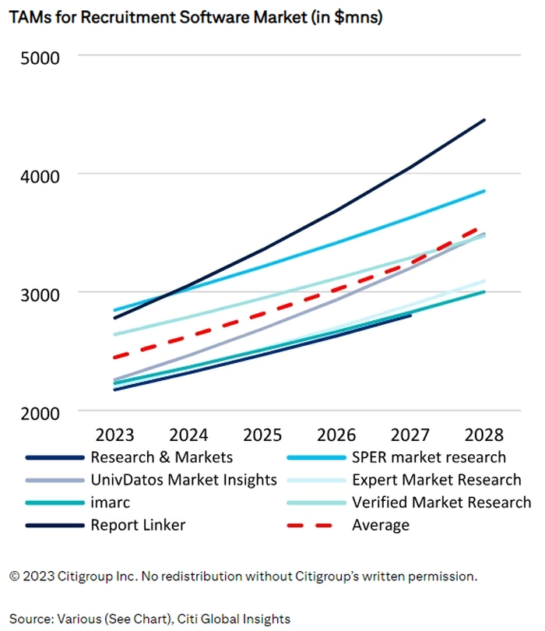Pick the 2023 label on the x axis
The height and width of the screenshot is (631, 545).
(x=114, y=434)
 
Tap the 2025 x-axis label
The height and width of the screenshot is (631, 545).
(x=262, y=434)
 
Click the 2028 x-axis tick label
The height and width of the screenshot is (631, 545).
(x=484, y=434)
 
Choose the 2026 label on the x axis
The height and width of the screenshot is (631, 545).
(x=336, y=434)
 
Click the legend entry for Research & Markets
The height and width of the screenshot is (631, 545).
(x=161, y=457)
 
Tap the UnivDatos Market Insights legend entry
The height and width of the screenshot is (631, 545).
(x=183, y=480)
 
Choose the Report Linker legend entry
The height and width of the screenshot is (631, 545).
(x=138, y=525)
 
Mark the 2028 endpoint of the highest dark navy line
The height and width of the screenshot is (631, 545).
(x=484, y=120)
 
